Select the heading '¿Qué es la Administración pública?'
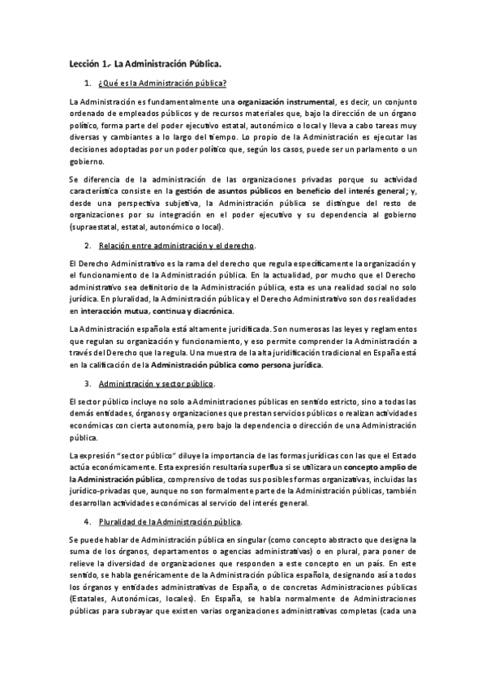(162, 84)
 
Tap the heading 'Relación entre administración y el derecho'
(177, 245)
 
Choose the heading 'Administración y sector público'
(157, 382)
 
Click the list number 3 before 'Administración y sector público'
(87, 382)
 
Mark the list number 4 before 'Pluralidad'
(87, 520)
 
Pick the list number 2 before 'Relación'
(87, 245)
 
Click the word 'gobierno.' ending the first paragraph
(87, 161)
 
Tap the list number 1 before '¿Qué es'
(87, 84)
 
